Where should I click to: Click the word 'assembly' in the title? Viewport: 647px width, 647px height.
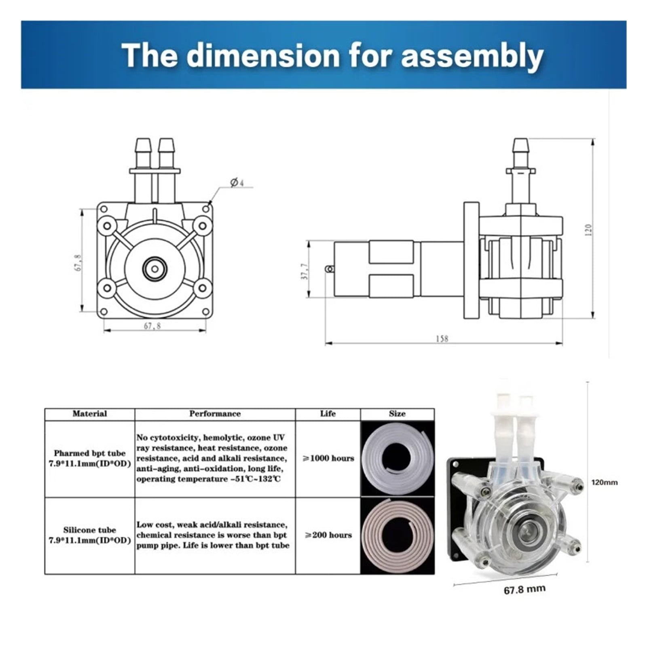pyautogui.click(x=472, y=57)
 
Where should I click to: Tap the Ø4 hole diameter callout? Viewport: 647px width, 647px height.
pyautogui.click(x=237, y=183)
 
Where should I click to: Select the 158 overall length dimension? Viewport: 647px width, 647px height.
pyautogui.click(x=442, y=338)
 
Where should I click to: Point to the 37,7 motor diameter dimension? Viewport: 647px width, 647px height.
pyautogui.click(x=305, y=271)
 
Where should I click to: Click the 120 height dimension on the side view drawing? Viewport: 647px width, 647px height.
pyautogui.click(x=588, y=230)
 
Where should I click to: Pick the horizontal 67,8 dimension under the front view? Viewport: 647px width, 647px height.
pyautogui.click(x=152, y=326)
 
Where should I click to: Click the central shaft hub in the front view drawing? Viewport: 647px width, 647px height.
pyautogui.click(x=155, y=268)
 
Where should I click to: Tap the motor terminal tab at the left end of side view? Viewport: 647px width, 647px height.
pyautogui.click(x=330, y=269)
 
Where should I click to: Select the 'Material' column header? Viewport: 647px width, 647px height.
pyautogui.click(x=90, y=414)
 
